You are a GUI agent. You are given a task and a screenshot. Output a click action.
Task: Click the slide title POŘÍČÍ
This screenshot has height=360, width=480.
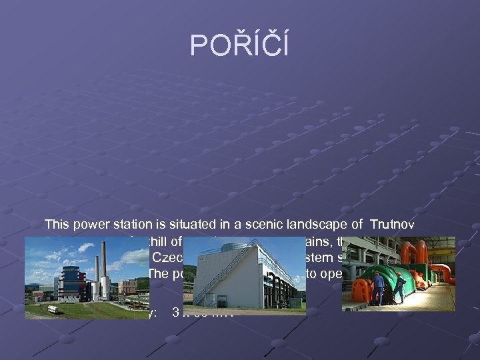point(239,45)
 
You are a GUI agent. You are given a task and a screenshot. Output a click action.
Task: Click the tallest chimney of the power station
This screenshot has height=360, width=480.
point(103,263)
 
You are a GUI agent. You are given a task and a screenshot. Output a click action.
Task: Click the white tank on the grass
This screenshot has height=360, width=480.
point(51,309)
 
